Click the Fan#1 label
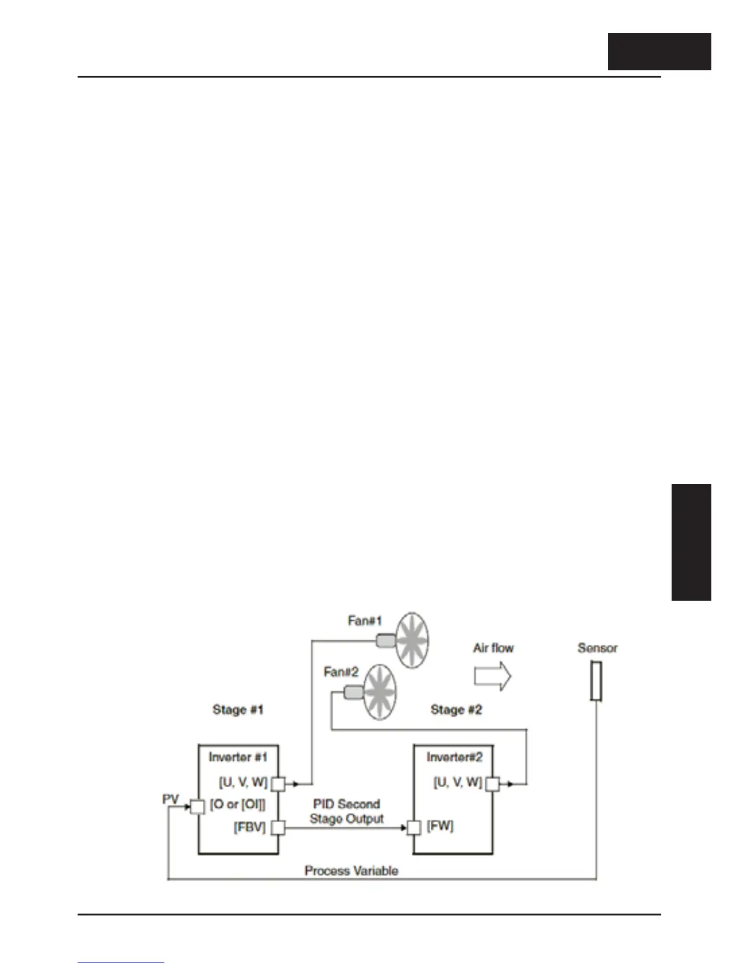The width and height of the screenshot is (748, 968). [x=365, y=621]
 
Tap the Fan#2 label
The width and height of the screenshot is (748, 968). [x=341, y=672]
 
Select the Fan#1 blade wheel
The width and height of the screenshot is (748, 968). [x=411, y=640]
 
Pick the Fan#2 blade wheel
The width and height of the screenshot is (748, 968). [x=380, y=692]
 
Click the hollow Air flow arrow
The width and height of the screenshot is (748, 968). [x=493, y=676]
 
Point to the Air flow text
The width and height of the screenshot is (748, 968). [x=493, y=648]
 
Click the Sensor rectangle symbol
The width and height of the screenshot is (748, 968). [x=596, y=681]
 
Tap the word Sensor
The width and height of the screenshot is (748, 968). [x=597, y=648]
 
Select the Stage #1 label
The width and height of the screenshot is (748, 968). [x=238, y=710]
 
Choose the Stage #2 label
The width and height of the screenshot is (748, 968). [x=456, y=710]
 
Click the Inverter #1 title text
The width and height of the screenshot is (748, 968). [x=238, y=757]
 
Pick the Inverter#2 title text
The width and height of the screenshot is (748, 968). [x=454, y=757]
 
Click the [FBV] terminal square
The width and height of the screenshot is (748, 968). [x=278, y=828]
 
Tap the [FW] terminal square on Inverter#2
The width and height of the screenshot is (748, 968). [x=414, y=828]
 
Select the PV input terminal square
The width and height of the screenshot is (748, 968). [x=197, y=807]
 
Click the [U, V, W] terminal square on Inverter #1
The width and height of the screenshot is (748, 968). [x=278, y=783]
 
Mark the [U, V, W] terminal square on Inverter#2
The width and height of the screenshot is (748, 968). [x=493, y=783]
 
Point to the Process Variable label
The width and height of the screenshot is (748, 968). [x=351, y=871]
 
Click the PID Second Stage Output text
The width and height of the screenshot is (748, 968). [x=346, y=812]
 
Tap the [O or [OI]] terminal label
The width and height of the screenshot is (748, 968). [x=238, y=805]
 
